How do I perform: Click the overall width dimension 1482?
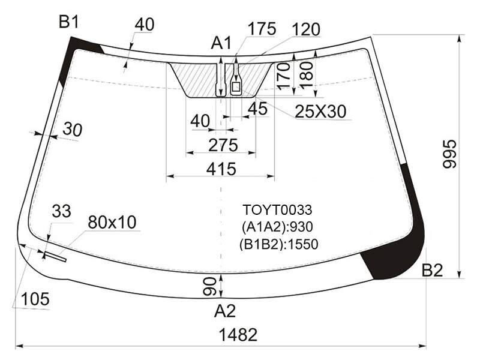click(x=238, y=335)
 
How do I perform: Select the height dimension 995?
click(x=449, y=154)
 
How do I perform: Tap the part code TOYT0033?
click(x=277, y=210)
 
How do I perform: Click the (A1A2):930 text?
click(x=277, y=227)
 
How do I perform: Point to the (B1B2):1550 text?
click(x=279, y=244)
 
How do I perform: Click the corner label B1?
click(x=69, y=22)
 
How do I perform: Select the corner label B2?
click(x=432, y=271)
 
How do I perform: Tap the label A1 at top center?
click(x=221, y=43)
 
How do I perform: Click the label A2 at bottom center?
click(x=224, y=311)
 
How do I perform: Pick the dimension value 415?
click(x=221, y=169)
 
